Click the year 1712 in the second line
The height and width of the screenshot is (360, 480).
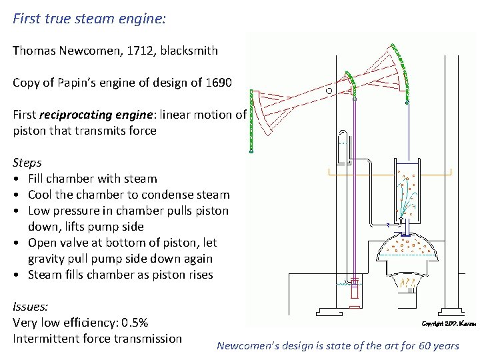pos(143,51)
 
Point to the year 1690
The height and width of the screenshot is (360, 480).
pos(217,83)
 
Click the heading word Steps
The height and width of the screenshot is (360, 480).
pos(27,163)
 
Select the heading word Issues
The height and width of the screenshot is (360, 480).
pos(30,307)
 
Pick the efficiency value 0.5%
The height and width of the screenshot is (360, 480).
pos(134,323)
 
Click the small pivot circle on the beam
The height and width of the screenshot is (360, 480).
pos(329,89)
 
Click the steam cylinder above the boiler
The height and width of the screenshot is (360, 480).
pos(407,190)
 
